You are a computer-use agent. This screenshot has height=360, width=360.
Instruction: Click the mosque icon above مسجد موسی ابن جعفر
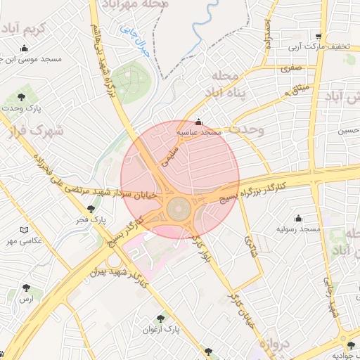[25, 49]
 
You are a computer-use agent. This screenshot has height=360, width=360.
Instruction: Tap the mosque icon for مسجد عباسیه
[198, 121]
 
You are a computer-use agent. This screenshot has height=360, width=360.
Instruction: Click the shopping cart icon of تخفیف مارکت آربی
[319, 37]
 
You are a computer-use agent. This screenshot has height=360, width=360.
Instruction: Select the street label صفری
[291, 69]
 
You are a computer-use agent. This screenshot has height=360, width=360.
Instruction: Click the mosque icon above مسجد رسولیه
[298, 218]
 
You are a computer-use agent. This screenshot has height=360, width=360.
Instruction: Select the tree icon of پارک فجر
[91, 209]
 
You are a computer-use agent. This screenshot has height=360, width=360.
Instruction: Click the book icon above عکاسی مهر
[25, 230]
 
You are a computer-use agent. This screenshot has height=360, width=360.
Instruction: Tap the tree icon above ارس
[27, 288]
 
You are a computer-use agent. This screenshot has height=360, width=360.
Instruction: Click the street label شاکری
[251, 248]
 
